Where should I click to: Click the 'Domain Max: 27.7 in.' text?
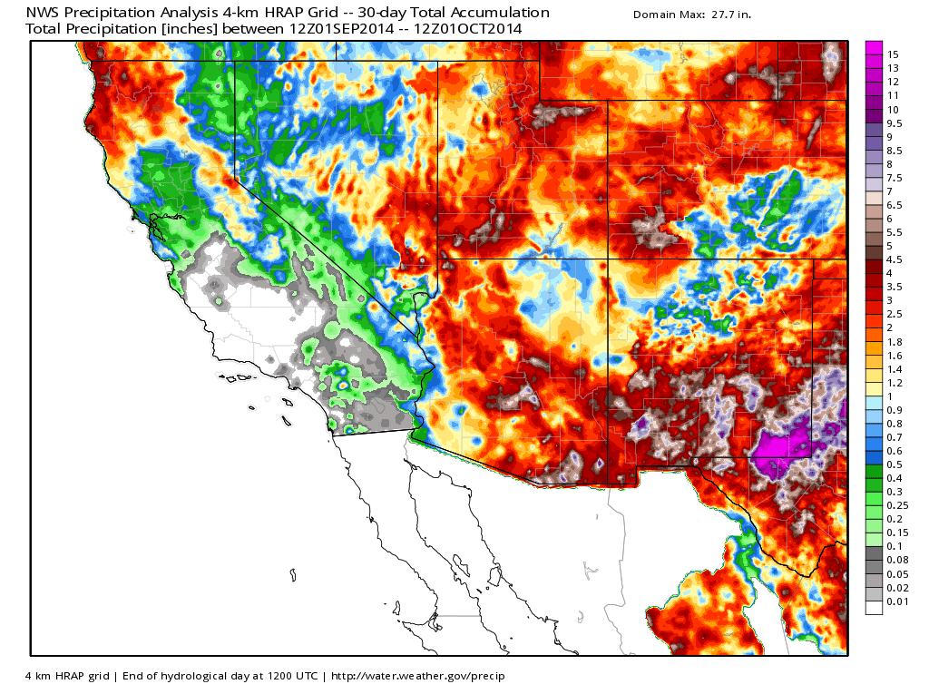pos(692,15)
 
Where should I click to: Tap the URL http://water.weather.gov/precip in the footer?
pos(418,676)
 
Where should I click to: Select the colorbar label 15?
pos(893,54)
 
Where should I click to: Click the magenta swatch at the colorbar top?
pos(874,48)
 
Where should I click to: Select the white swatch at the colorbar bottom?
pos(874,607)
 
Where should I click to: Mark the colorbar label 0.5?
pos(895,464)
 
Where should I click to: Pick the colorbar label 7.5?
pos(895,177)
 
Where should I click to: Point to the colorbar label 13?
pos(893,68)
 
